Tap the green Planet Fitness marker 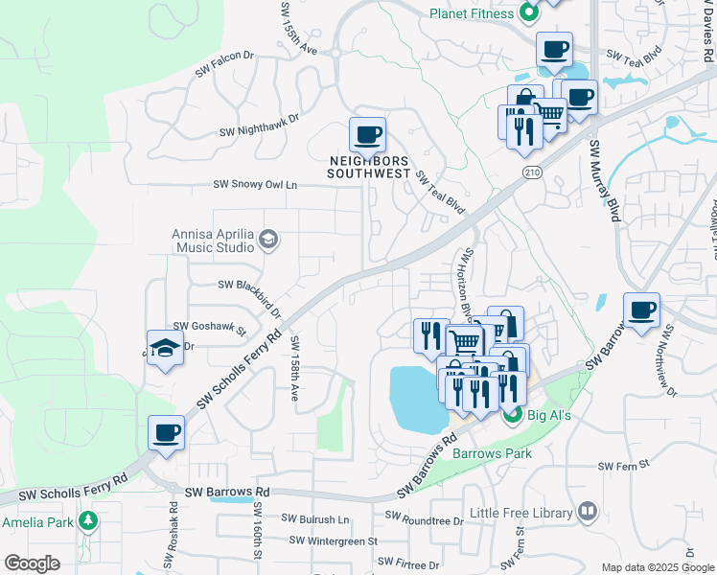tap(527, 13)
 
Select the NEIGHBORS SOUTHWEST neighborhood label tap(368, 167)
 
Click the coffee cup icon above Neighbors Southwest tap(367, 135)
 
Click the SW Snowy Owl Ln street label tap(255, 184)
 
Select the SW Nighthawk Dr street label tap(259, 125)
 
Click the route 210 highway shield tap(533, 171)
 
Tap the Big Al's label tap(550, 415)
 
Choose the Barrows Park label tap(492, 452)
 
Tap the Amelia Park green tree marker tap(88, 521)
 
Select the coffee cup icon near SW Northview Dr tap(641, 310)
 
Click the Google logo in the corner tap(32, 563)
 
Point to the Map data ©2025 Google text tap(656, 567)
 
